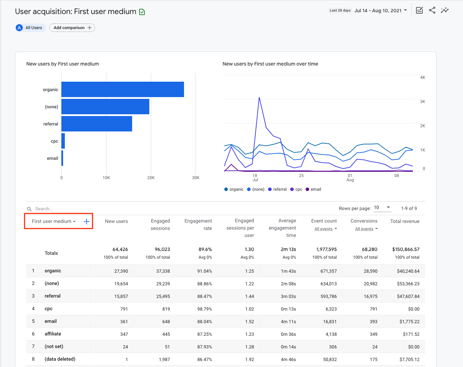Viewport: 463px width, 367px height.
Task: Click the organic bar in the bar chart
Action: click(123, 89)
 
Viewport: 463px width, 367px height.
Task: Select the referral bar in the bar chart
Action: click(97, 124)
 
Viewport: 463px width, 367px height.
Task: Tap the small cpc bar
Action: click(63, 141)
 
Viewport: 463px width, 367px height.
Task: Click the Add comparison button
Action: click(72, 28)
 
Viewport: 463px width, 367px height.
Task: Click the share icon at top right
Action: click(432, 11)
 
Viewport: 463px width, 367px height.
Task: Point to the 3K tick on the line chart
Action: click(422, 102)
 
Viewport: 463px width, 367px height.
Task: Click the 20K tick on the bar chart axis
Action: click(151, 178)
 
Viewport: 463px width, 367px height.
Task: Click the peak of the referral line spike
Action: click(259, 97)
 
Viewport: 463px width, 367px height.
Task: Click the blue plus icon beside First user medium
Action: click(87, 222)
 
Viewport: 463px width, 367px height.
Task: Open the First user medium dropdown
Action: click(54, 222)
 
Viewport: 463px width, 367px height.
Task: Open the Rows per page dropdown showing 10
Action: click(382, 208)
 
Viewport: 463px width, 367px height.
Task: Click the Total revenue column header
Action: click(405, 221)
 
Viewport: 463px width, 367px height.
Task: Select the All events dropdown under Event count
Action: click(326, 229)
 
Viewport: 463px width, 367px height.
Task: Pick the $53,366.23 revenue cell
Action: click(408, 284)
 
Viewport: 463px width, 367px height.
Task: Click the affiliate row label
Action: click(53, 334)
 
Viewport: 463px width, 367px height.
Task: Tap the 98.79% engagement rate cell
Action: click(204, 309)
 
